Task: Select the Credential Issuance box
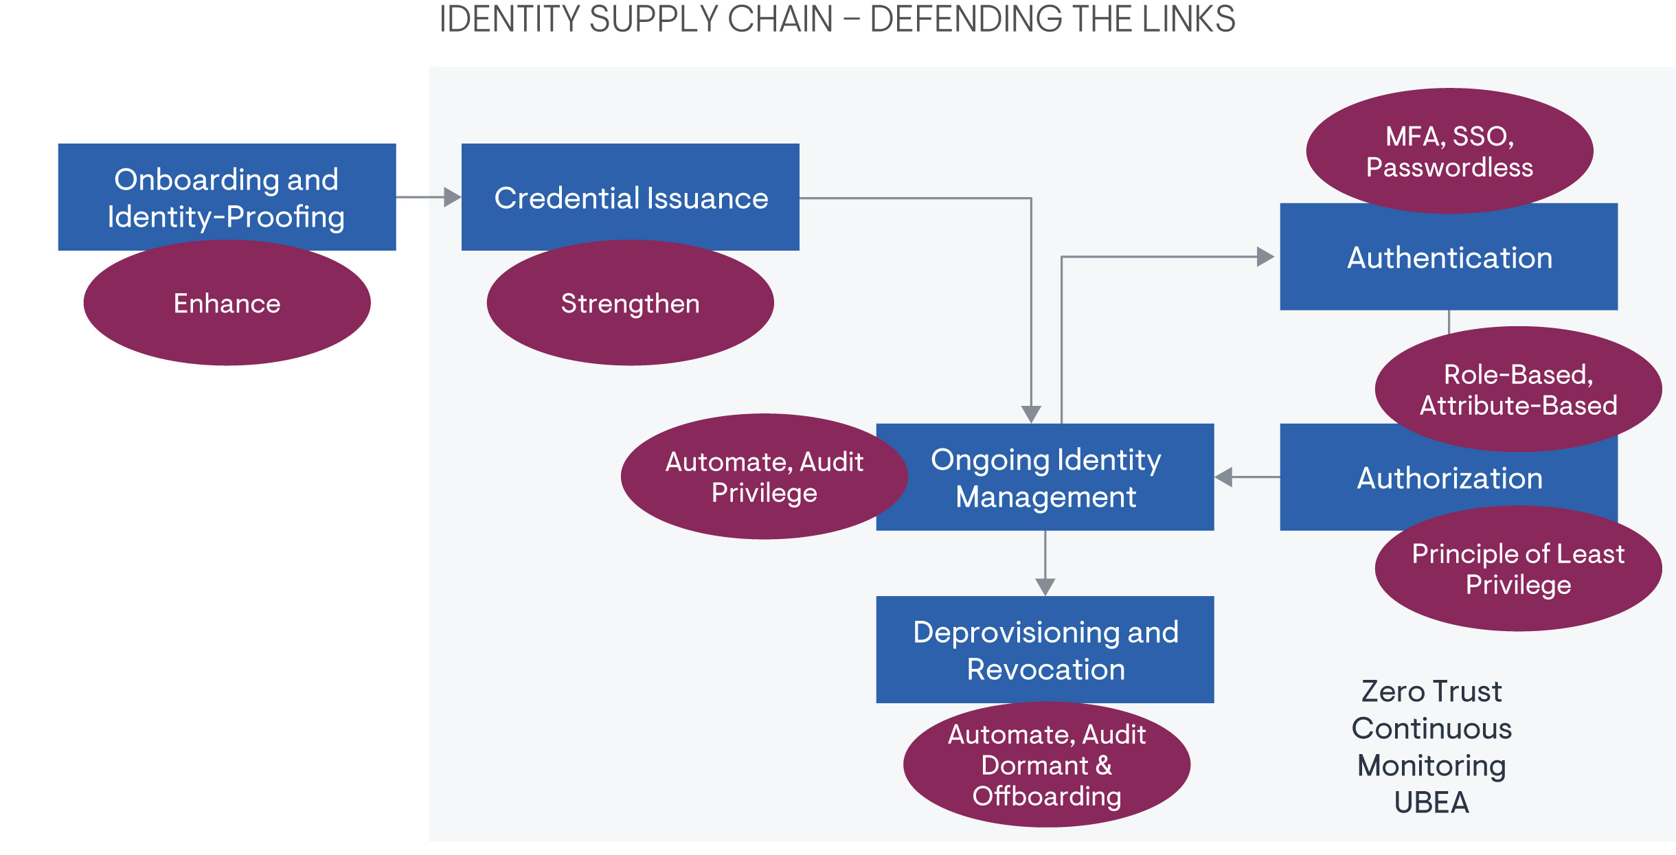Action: click(x=630, y=197)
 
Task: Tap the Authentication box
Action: click(x=1449, y=258)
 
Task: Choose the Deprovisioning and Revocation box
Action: click(x=1045, y=650)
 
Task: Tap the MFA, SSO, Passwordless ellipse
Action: click(x=1449, y=151)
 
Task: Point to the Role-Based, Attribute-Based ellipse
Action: click(x=1518, y=389)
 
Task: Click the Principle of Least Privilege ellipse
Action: click(x=1518, y=569)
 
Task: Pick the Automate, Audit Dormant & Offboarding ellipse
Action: click(x=1046, y=765)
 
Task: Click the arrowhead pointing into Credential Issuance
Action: click(x=452, y=197)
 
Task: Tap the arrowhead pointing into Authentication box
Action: click(x=1265, y=257)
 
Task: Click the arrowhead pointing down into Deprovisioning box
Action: click(x=1045, y=586)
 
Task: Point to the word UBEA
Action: click(x=1431, y=803)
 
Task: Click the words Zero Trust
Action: click(x=1431, y=692)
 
